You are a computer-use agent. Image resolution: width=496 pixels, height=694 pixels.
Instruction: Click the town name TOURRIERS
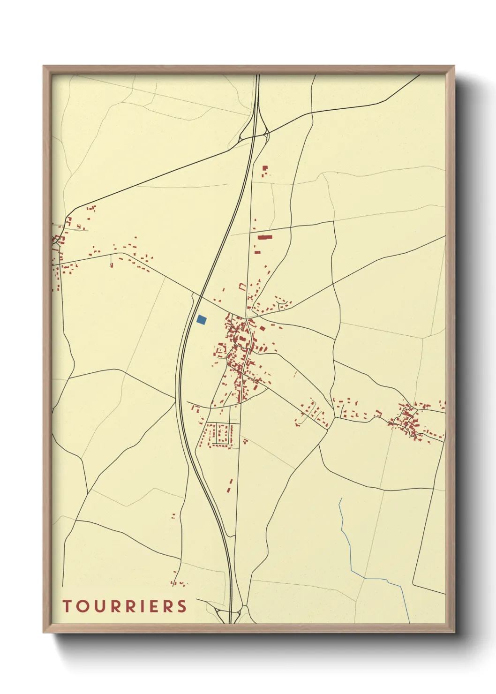coord(125,606)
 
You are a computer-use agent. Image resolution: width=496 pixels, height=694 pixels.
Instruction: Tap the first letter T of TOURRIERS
coord(67,606)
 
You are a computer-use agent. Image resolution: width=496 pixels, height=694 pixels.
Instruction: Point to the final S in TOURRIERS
coord(182,606)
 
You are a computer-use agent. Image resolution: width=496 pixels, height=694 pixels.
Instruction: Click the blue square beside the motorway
coord(202,320)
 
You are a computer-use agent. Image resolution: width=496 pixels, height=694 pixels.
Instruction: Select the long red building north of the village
coord(265,237)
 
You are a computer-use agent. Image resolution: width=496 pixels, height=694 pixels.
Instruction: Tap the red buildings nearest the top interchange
coord(265,170)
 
